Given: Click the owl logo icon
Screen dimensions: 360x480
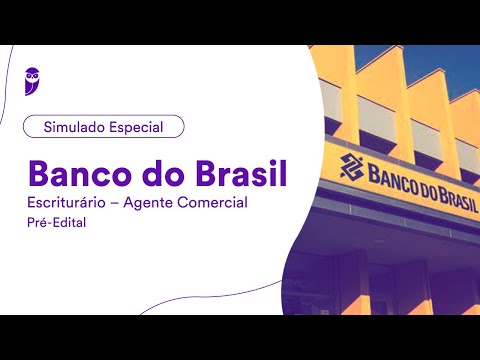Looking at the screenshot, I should tap(33, 79).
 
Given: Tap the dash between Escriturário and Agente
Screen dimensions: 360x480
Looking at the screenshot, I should tap(126, 204).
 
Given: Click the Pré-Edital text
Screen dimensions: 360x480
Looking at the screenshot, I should tap(57, 224).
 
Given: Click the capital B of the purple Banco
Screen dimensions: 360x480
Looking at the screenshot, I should tap(40, 172).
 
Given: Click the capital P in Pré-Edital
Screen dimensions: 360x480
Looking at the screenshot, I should tap(31, 224).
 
